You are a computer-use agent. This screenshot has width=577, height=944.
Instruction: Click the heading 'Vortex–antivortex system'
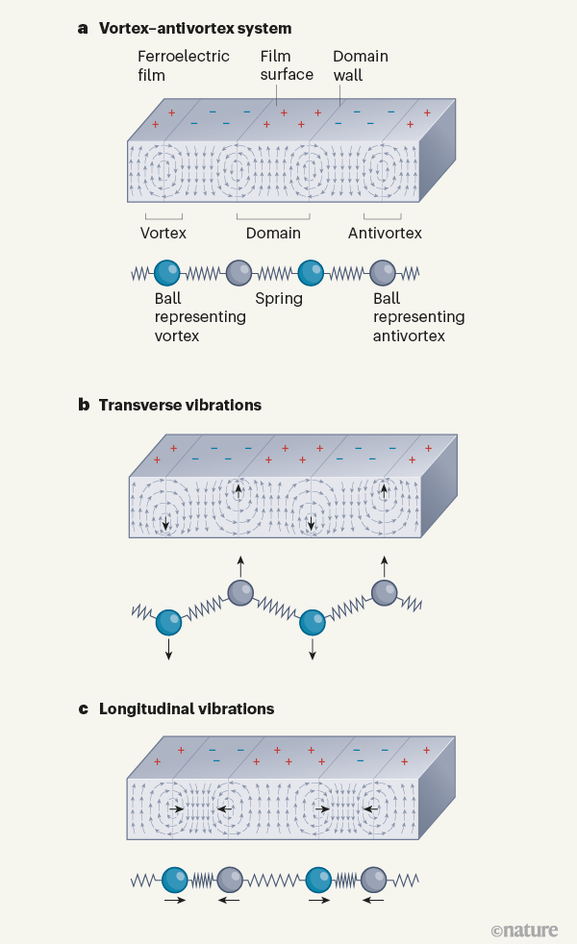coord(195,29)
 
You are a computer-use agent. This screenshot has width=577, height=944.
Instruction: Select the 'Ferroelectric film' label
coord(184,65)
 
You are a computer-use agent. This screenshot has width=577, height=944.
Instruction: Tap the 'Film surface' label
coord(287,65)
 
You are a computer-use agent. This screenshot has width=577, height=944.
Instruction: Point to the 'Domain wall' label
coord(360,65)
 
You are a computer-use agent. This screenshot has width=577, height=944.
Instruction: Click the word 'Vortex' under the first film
coord(163,233)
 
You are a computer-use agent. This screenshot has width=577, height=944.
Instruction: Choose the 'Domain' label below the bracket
coord(273,233)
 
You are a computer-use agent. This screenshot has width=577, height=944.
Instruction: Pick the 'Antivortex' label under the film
coord(385,233)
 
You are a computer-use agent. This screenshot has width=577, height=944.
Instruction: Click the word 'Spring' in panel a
coord(279,299)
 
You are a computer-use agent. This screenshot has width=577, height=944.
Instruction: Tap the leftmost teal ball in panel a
coord(168,273)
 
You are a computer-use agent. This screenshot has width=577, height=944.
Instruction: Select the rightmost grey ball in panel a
coord(384,273)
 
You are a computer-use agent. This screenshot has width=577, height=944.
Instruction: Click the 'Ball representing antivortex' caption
coord(418,317)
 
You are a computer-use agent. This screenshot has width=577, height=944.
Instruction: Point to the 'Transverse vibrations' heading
coord(180,405)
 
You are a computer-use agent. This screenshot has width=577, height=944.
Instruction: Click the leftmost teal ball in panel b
coord(168,622)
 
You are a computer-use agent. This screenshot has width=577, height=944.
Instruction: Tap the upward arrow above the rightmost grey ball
coord(384,564)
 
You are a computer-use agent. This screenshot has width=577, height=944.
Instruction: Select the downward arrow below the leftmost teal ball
coord(168,650)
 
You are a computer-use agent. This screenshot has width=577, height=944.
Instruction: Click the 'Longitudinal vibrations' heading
coord(187,709)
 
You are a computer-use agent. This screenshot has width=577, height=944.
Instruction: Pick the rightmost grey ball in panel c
coord(373,879)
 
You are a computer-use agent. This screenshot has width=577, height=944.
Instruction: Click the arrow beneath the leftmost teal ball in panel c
coord(174,902)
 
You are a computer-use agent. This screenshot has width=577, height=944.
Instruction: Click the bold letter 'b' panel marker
coord(84,405)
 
